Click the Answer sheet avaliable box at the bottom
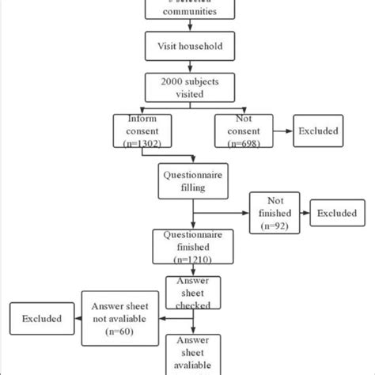(x=193, y=354)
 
